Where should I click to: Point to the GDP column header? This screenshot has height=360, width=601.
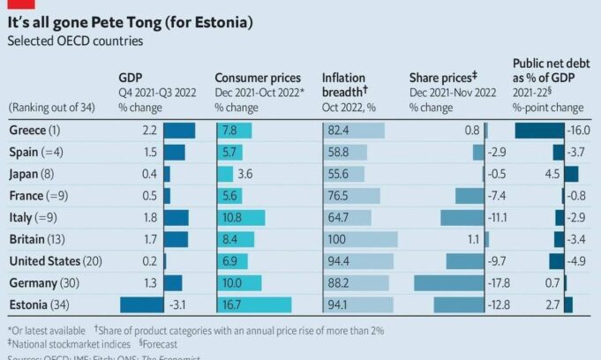click(x=131, y=77)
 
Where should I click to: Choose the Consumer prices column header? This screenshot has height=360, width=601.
click(x=258, y=77)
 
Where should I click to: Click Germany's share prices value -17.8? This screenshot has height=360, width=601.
click(x=500, y=282)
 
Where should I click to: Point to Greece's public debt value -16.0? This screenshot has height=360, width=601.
click(x=578, y=131)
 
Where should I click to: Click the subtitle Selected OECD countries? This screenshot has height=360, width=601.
click(x=74, y=41)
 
